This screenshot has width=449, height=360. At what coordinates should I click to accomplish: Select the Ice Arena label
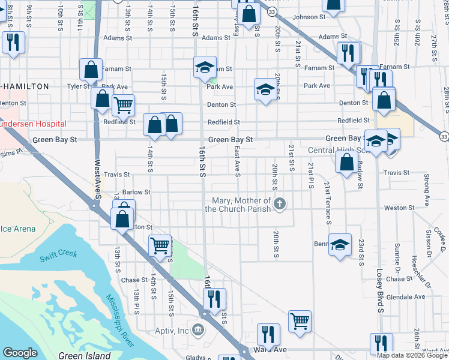click(18, 229)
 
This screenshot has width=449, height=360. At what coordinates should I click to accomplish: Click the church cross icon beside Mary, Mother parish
click(279, 205)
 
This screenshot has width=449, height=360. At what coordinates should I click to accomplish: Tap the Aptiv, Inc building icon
click(197, 329)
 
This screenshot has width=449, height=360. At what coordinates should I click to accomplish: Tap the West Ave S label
click(97, 175)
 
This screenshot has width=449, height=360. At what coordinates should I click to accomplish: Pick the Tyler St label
click(78, 86)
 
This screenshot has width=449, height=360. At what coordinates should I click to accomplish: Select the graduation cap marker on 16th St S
click(204, 67)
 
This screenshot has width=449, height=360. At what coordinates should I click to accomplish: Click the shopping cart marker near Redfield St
click(123, 105)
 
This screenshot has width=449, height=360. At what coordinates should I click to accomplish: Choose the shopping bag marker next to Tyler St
click(91, 70)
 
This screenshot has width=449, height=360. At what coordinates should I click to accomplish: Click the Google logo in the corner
click(20, 353)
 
